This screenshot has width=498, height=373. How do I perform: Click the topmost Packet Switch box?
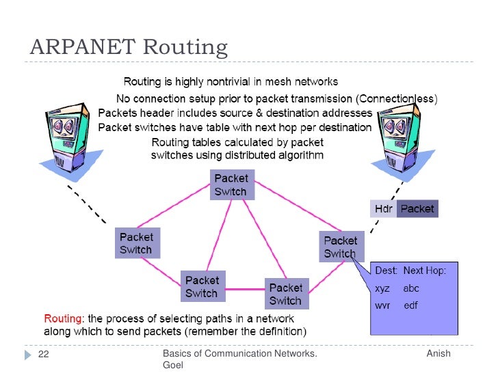(231, 184)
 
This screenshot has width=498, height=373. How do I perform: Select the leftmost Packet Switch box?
(137, 243)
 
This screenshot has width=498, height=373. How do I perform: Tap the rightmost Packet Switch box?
(340, 247)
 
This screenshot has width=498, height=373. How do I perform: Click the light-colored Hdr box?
(383, 208)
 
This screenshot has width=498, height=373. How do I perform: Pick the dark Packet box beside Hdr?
(417, 208)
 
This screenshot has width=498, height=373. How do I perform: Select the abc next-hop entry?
(411, 288)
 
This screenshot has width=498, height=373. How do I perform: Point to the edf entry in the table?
(410, 305)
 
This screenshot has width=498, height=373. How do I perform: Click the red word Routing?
(64, 319)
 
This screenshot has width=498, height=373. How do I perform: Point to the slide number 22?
(43, 355)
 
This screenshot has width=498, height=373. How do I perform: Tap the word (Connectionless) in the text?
(393, 99)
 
